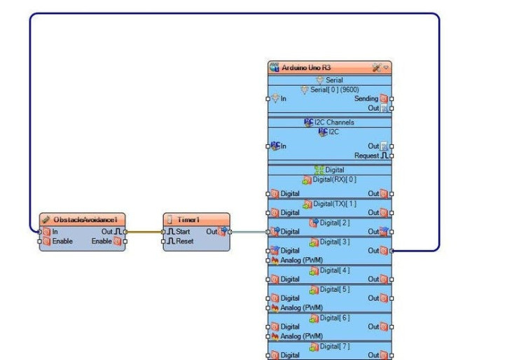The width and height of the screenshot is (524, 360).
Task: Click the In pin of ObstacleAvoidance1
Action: (x=50, y=231)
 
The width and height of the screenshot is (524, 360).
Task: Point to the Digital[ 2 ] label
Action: (x=333, y=223)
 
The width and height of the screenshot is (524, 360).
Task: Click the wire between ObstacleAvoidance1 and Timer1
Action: (x=144, y=231)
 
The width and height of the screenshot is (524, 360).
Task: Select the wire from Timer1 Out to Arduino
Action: (x=248, y=231)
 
